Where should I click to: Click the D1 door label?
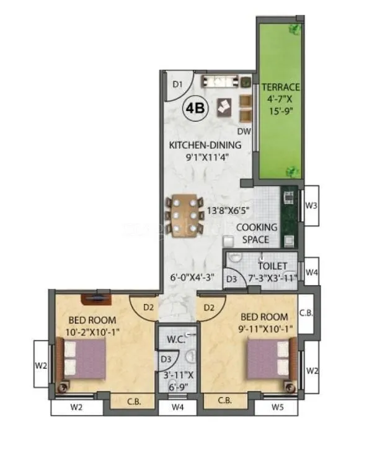177,84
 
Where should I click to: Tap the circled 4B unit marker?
195,108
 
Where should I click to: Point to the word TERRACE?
280,87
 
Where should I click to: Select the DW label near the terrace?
244,132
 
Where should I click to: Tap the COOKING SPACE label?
257,234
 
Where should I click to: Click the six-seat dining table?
185,214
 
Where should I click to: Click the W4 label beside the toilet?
312,272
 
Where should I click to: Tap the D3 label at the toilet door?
231,280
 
